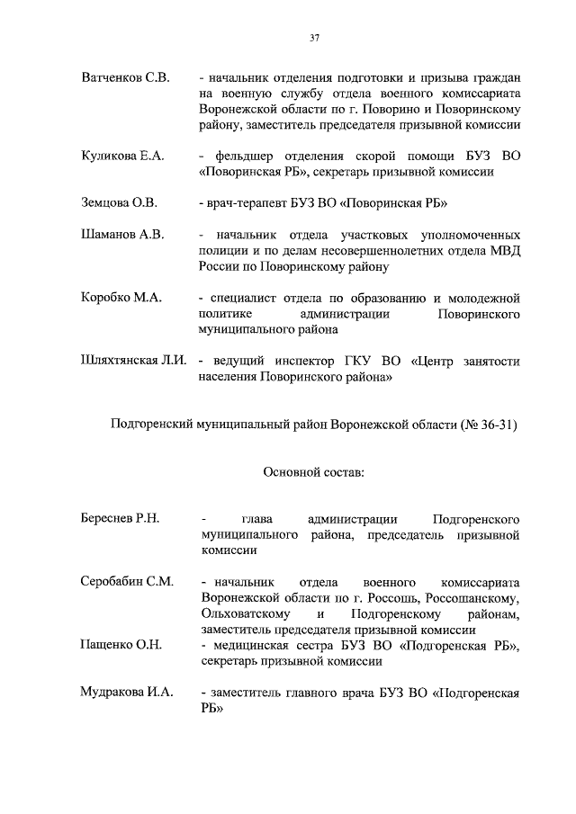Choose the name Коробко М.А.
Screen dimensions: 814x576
coord(121,298)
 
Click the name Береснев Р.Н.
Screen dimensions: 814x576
coord(120,520)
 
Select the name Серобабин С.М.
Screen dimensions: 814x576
coord(126,582)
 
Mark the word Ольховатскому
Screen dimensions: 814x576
coord(243,613)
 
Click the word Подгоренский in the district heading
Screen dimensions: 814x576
coord(150,424)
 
